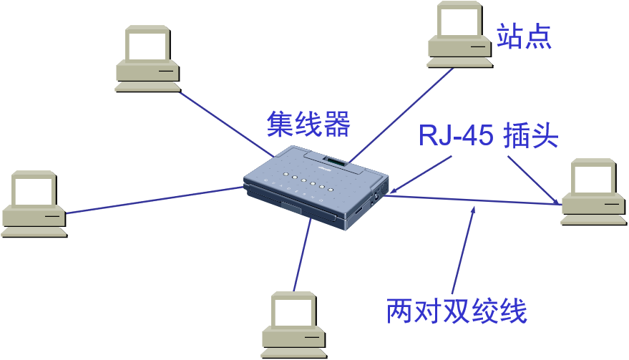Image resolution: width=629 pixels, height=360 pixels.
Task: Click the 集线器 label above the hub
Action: point(308,124)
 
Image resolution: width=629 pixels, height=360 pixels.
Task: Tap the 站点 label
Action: point(525,35)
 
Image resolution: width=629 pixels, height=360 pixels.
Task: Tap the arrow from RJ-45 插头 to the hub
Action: point(422,172)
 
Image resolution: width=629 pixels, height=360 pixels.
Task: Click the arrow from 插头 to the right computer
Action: point(533,179)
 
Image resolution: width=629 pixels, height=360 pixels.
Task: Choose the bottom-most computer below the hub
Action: point(294,326)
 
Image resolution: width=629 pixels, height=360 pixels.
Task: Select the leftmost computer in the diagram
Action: point(34,204)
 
